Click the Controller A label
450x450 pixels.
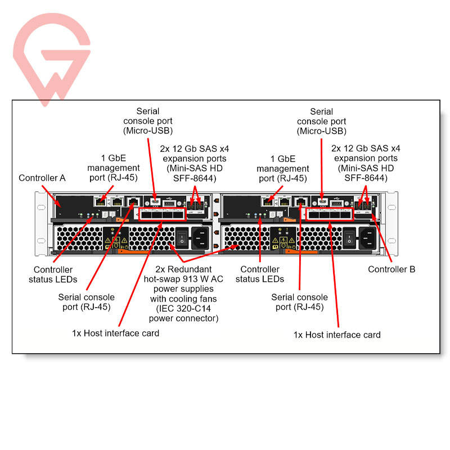click(42, 178)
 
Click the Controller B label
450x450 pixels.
click(391, 269)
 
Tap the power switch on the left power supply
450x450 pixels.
click(182, 238)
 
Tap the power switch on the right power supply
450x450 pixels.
click(349, 238)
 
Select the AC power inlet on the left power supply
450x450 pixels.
click(200, 238)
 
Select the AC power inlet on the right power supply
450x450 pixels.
click(368, 238)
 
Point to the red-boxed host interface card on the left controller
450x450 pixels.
click(163, 214)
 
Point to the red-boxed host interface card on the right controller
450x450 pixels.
click(330, 214)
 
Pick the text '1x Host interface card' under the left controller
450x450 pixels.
click(115, 333)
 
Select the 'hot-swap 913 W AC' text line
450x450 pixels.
click(183, 279)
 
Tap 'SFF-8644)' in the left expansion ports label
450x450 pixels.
click(195, 178)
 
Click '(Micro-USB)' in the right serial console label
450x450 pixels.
click(321, 131)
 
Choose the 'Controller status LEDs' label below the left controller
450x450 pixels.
click(53, 274)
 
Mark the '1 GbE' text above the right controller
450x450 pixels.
click(283, 159)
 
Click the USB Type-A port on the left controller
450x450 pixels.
click(169, 204)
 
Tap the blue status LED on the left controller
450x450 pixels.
click(88, 214)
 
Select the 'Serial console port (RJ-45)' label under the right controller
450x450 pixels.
click(299, 302)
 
